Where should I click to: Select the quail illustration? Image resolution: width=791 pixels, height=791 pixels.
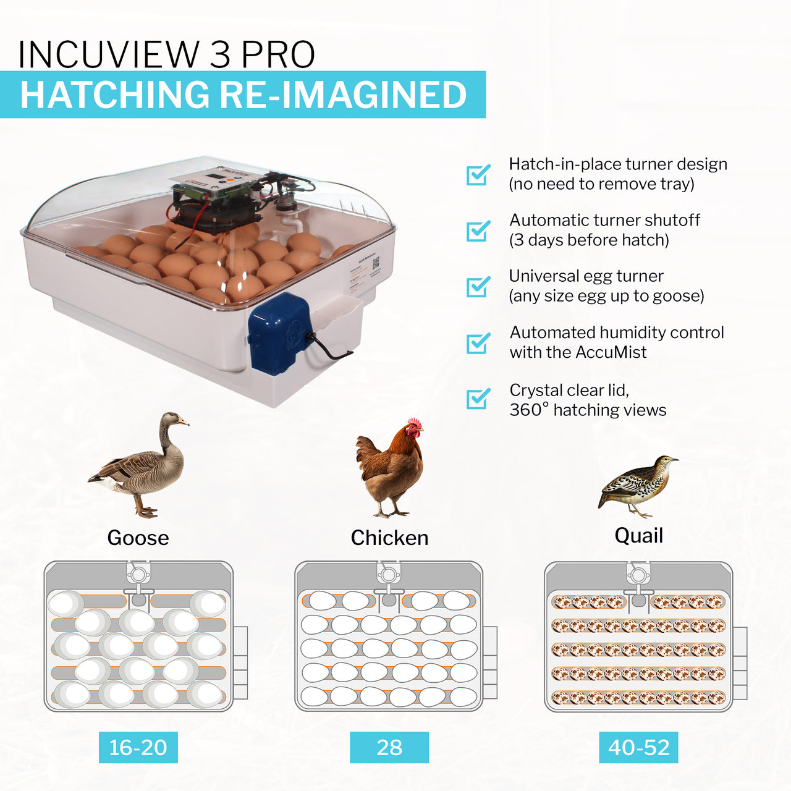(637, 485)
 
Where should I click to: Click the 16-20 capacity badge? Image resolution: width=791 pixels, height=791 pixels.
(138, 747)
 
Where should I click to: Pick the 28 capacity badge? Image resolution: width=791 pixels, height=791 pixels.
(389, 747)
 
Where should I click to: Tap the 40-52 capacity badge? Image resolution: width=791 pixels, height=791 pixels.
(638, 747)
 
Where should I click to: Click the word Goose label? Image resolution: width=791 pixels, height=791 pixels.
(138, 538)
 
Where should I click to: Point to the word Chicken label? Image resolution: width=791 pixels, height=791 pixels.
(389, 538)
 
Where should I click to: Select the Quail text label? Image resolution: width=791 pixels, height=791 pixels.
(638, 535)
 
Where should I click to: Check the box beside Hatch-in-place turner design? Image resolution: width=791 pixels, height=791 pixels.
(478, 175)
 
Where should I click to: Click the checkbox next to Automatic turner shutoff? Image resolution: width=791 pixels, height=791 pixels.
(478, 231)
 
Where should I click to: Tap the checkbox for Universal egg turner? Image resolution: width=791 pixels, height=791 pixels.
(478, 287)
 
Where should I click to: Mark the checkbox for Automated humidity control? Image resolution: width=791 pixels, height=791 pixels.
(478, 343)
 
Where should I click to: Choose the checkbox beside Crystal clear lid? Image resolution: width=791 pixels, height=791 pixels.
(478, 399)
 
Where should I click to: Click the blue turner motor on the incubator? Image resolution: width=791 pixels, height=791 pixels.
(278, 334)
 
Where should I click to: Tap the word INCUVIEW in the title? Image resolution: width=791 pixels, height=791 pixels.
(108, 54)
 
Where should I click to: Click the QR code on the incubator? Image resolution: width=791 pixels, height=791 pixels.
(375, 264)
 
